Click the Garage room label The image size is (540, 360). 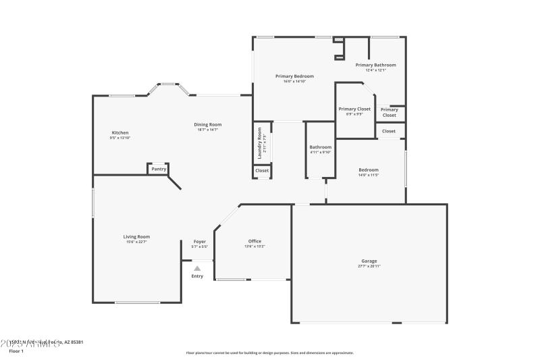(369, 261)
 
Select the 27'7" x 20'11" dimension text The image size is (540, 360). (369, 266)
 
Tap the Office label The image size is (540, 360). (254, 241)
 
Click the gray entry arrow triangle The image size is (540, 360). (197, 268)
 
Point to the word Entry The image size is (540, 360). (197, 276)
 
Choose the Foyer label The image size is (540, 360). (200, 241)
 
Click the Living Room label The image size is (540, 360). (136, 236)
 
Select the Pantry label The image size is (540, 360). (159, 169)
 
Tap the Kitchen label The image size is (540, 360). (120, 132)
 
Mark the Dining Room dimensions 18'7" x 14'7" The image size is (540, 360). (208, 130)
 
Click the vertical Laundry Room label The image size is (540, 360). (260, 143)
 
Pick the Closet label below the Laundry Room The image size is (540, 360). (262, 171)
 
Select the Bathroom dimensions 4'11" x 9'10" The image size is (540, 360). (321, 152)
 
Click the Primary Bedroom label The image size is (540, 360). (294, 76)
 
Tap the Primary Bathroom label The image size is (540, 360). (376, 65)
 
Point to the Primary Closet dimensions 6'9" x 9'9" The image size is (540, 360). (354, 114)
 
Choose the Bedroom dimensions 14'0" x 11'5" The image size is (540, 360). (369, 175)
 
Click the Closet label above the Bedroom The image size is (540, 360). (389, 131)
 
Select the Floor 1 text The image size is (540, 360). (16, 351)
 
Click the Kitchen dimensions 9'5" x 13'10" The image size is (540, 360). (120, 138)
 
